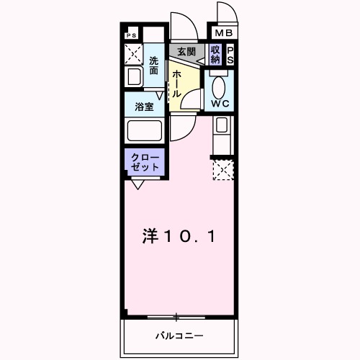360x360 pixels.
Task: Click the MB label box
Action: pos(222,33)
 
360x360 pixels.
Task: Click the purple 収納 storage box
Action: pos(215,54)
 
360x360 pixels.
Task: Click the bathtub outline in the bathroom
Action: pos(145,133)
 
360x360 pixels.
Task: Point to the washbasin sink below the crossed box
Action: pos(134,77)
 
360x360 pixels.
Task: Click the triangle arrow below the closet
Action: pos(136,184)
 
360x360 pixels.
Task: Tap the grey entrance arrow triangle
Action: pos(199,61)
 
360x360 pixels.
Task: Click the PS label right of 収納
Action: pos(230,55)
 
